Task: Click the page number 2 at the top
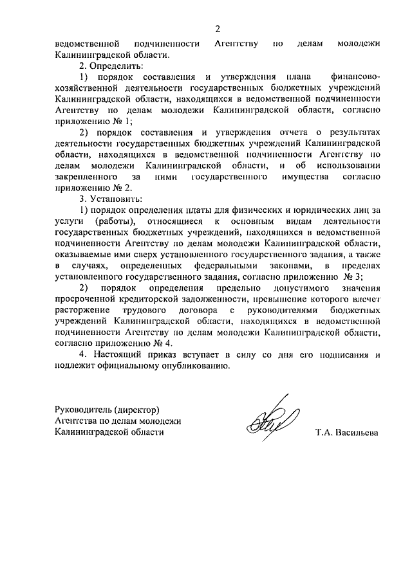pos(218,29)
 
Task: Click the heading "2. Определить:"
pos(111,66)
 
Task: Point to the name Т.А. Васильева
pos(347,433)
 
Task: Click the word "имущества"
pos(297,176)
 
